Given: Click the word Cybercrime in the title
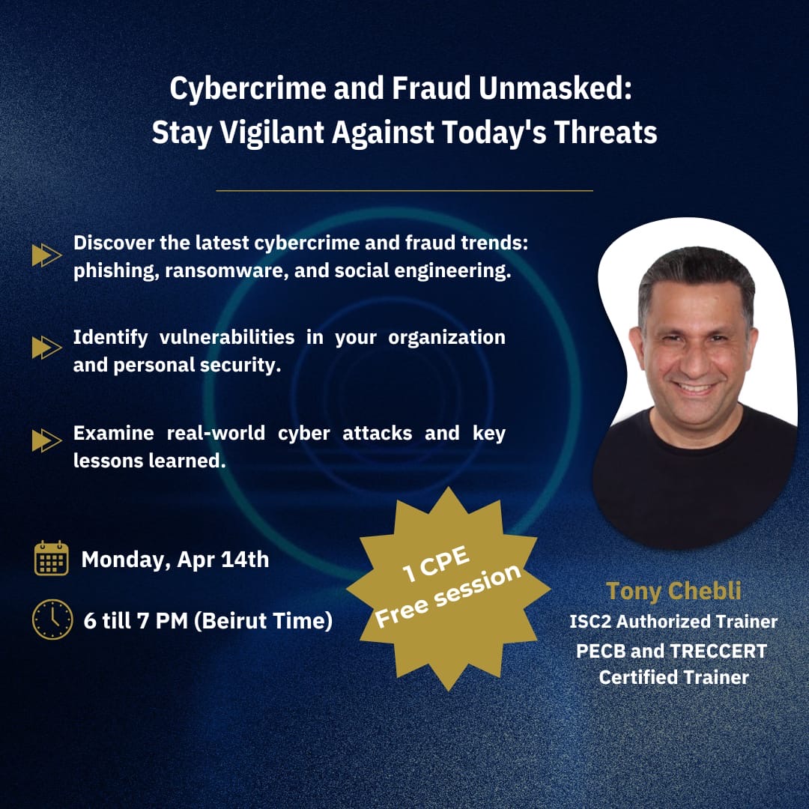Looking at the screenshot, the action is (x=248, y=88).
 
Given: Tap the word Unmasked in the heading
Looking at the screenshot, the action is (x=555, y=88).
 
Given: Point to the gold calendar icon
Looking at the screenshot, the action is (x=52, y=558).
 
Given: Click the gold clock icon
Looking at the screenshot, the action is (x=52, y=619).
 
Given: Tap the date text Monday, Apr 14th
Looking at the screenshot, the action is (x=175, y=560).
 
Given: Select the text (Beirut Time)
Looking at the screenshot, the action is (x=263, y=621).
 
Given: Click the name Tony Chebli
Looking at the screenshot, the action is (x=673, y=591).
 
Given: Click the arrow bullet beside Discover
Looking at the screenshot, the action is (x=47, y=255).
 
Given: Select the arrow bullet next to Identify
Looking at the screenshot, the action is (x=47, y=348).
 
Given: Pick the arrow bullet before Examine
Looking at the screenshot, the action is (x=47, y=440).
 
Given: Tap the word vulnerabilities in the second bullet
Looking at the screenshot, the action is (x=227, y=337).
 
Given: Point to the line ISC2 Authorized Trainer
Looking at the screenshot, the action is (x=673, y=622).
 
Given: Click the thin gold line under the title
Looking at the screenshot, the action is (x=404, y=191).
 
